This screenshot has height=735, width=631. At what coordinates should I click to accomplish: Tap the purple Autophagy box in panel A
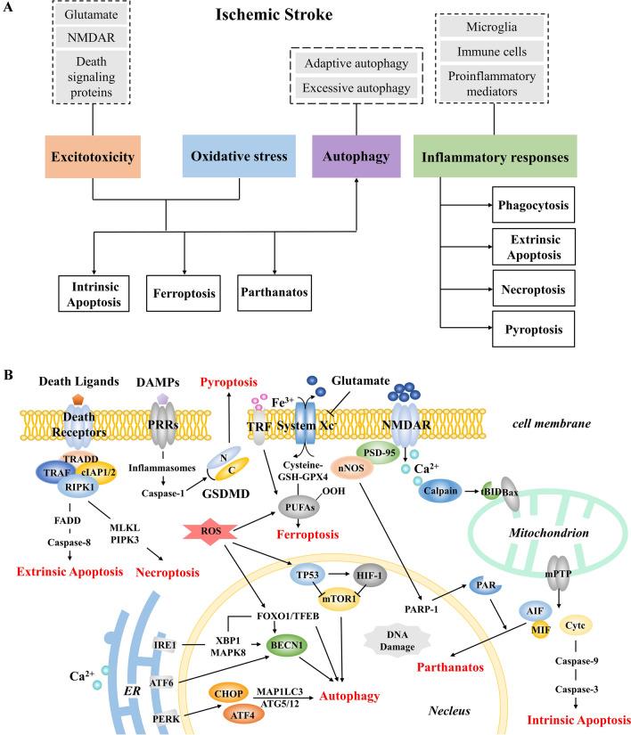[357, 158]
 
